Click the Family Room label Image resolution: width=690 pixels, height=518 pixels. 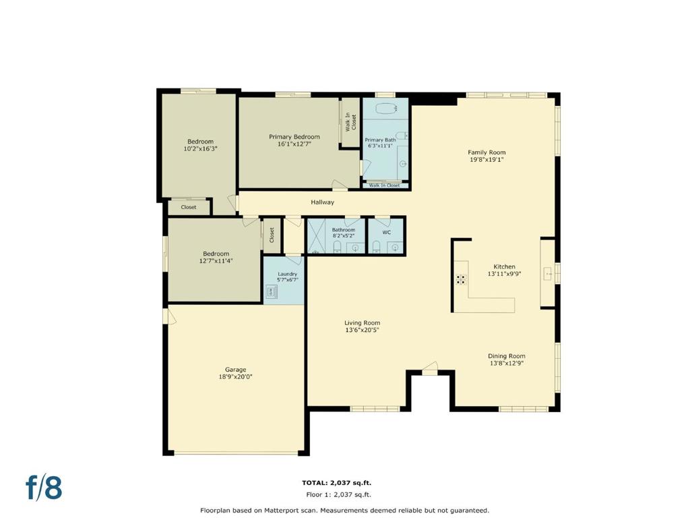487,152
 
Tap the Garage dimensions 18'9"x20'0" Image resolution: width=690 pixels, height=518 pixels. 235,376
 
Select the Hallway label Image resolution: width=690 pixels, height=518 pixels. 323,202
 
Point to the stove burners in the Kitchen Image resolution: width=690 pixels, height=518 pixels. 461,279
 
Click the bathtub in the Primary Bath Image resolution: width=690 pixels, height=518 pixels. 386,108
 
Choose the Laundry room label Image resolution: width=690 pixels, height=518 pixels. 287,274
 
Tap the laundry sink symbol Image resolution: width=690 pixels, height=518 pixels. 272,291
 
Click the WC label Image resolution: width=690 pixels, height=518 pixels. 386,232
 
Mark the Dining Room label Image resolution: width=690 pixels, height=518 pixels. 507,356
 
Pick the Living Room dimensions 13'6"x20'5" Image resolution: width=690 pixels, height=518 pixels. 362,330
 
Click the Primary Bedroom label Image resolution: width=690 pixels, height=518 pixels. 294,136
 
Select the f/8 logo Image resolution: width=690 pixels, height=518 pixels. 44,488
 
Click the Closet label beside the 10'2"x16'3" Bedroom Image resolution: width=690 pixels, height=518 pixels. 189,207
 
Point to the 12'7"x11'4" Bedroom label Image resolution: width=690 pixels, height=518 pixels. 216,254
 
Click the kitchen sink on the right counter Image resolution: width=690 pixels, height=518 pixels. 548,274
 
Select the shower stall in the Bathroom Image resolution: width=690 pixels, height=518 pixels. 317,236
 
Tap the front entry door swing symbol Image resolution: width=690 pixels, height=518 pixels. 430,368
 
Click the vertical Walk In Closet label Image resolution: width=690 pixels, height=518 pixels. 350,122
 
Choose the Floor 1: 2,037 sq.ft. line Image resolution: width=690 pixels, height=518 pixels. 338,494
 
